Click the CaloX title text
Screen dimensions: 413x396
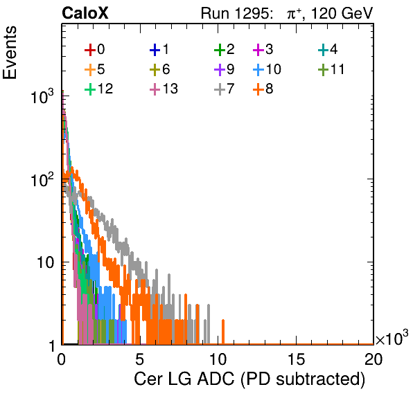85,13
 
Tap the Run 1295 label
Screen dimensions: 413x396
236,13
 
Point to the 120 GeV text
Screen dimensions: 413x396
342,13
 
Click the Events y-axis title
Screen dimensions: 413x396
10,53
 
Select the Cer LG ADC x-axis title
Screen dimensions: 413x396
249,379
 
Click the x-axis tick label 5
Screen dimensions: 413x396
139,359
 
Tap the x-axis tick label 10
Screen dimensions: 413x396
218,359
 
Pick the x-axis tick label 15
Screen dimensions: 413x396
297,359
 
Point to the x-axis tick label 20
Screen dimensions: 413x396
374,359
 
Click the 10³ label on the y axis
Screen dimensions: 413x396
42,96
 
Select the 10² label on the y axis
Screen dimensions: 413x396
42,180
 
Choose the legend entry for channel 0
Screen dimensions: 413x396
95,49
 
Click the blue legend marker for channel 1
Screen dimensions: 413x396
155,50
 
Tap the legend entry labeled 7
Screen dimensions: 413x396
225,89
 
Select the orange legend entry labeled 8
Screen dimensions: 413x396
263,89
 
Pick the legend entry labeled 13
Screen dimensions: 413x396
164,89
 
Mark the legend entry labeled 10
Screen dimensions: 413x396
267,69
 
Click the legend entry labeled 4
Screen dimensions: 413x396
328,49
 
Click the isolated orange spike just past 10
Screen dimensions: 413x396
223,332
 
